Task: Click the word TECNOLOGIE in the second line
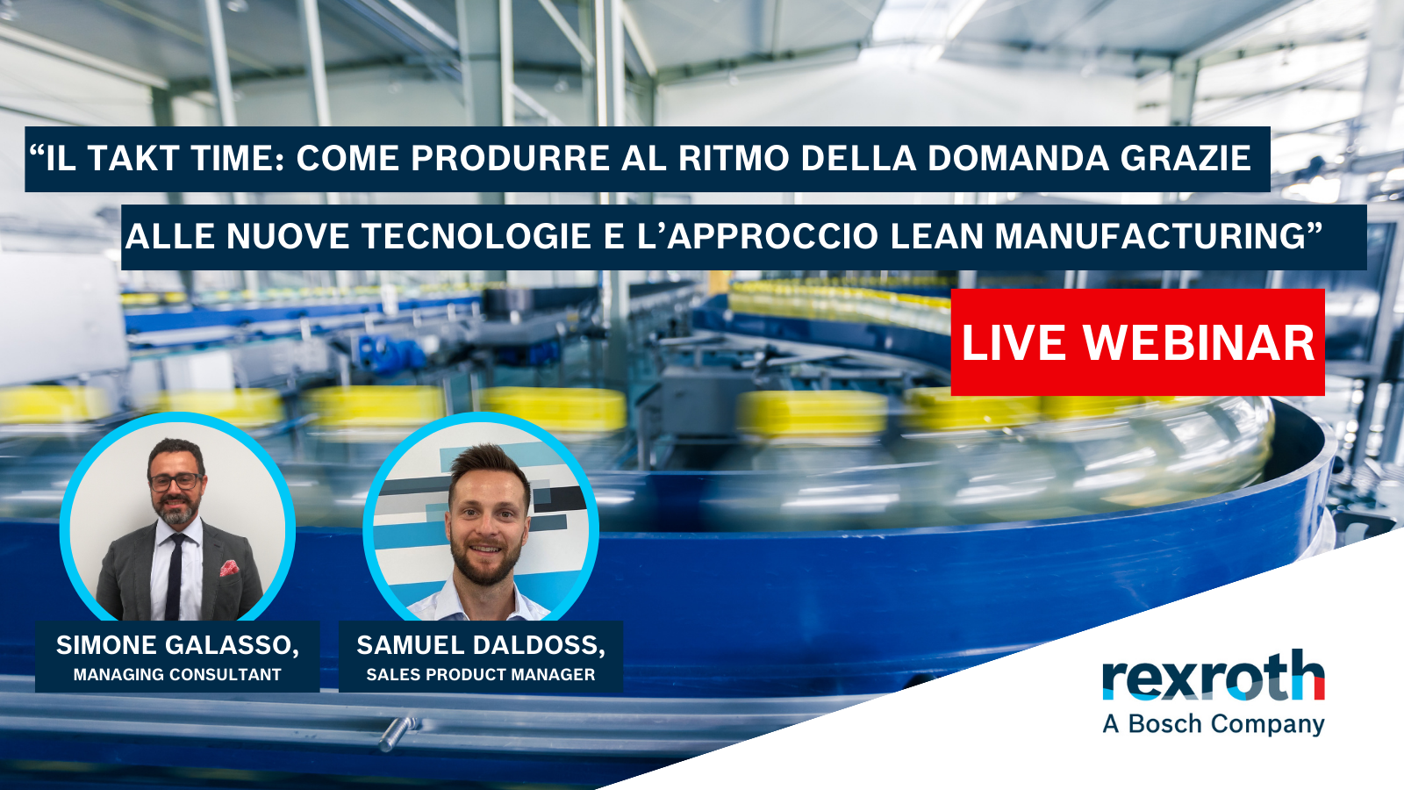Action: [475, 237]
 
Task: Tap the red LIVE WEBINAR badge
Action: [1137, 342]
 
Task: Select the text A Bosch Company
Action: [1213, 724]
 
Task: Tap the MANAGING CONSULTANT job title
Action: [177, 675]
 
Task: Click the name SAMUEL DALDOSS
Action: [480, 645]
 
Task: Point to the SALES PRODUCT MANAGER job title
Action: [480, 675]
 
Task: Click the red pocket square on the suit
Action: [229, 568]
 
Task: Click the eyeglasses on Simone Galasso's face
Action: [175, 481]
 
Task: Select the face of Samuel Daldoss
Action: [487, 527]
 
